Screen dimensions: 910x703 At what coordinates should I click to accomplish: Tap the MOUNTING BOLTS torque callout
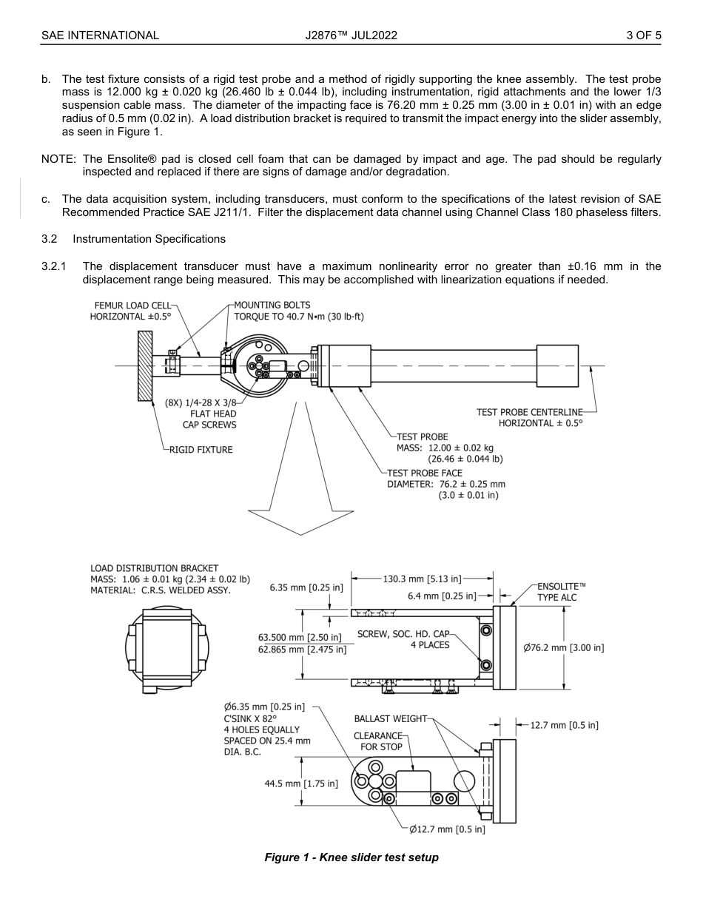coord(298,311)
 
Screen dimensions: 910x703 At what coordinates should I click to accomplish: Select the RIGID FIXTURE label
coord(201,450)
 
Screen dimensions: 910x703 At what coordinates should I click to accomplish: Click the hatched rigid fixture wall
coord(145,365)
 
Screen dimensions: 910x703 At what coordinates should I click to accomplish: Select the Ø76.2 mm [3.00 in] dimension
coord(563,648)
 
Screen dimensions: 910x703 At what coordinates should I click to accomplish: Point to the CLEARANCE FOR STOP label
coord(378,741)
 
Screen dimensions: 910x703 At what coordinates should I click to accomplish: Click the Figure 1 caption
coord(351,857)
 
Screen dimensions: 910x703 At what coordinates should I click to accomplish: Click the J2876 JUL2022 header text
coord(351,35)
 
